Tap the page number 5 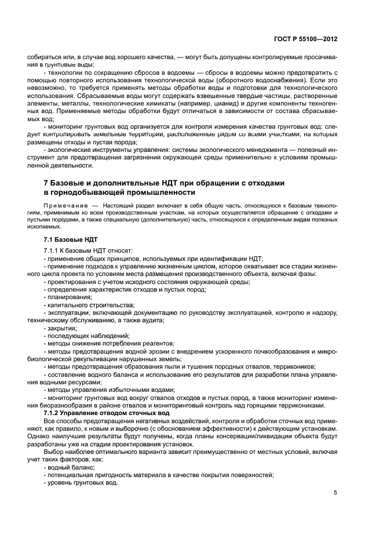[x=335, y=493]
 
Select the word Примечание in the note [x=63, y=206]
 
